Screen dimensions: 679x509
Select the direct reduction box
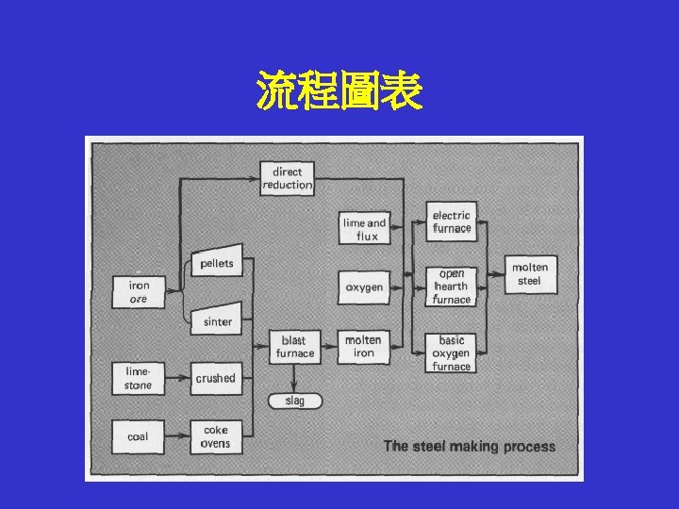tap(287, 178)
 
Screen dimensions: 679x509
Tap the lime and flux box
tap(363, 229)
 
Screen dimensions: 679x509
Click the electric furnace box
tap(451, 222)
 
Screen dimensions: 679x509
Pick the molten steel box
tap(529, 273)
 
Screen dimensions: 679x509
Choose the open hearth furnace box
tap(451, 287)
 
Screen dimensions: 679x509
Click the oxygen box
tap(363, 287)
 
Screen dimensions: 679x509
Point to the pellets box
tap(216, 263)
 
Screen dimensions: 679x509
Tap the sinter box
tap(216, 320)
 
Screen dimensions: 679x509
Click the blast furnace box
tap(294, 347)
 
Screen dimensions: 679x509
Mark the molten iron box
tap(363, 347)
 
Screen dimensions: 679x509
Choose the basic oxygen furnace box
tap(451, 353)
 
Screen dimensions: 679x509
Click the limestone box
tap(138, 378)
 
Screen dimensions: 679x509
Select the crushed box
tap(216, 378)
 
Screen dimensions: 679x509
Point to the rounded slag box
tap(294, 401)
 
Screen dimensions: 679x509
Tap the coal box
tap(138, 436)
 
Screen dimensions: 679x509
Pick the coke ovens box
tap(216, 436)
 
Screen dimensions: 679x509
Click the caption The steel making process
tap(469, 446)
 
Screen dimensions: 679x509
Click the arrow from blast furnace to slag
tap(294, 377)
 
